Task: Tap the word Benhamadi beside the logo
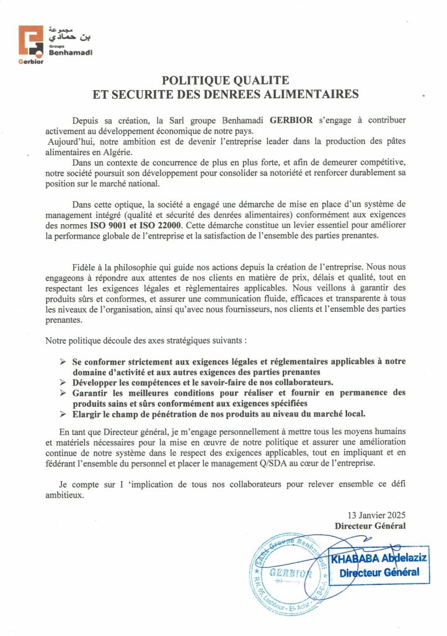pos(70,52)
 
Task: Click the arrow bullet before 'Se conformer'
pos(63,361)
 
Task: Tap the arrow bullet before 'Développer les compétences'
pos(63,381)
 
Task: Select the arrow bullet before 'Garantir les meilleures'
pos(63,393)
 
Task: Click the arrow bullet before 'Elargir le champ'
pos(63,413)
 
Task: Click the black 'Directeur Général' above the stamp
pos(370,525)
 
